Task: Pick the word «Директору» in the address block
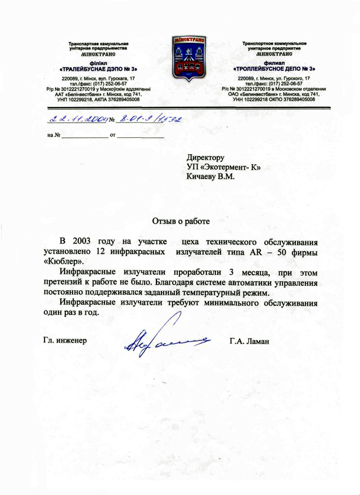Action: [x=206, y=158]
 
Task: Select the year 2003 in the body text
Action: [x=82, y=242]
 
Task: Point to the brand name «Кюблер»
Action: [x=64, y=262]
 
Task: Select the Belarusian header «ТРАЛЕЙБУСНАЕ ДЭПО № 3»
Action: [x=99, y=68]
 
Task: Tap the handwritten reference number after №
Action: [x=148, y=119]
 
